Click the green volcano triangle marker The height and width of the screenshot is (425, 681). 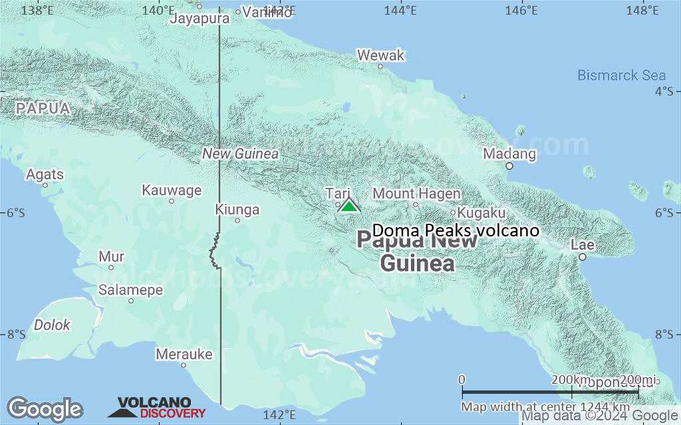click(349, 206)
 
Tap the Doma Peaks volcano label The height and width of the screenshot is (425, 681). click(456, 230)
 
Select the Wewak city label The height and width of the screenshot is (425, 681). click(380, 56)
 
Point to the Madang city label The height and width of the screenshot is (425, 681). click(509, 154)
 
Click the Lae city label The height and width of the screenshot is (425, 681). click(582, 245)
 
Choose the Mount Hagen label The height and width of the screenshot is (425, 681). click(416, 194)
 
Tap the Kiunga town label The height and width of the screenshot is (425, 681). click(237, 210)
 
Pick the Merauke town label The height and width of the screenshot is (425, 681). click(184, 354)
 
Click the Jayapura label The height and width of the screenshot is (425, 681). click(200, 18)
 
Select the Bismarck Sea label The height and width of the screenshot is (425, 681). click(621, 75)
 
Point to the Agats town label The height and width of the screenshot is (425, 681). click(45, 175)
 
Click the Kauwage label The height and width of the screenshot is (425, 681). click(172, 191)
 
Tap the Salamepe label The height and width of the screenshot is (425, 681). click(131, 290)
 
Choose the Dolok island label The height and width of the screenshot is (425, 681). click(53, 325)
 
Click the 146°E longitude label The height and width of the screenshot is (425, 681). click(521, 11)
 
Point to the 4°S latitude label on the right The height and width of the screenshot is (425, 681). click(663, 91)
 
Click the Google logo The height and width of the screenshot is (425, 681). click(45, 409)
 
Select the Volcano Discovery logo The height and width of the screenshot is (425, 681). click(157, 408)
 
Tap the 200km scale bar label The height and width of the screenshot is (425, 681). click(569, 379)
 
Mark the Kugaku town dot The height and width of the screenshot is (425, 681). click(453, 213)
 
